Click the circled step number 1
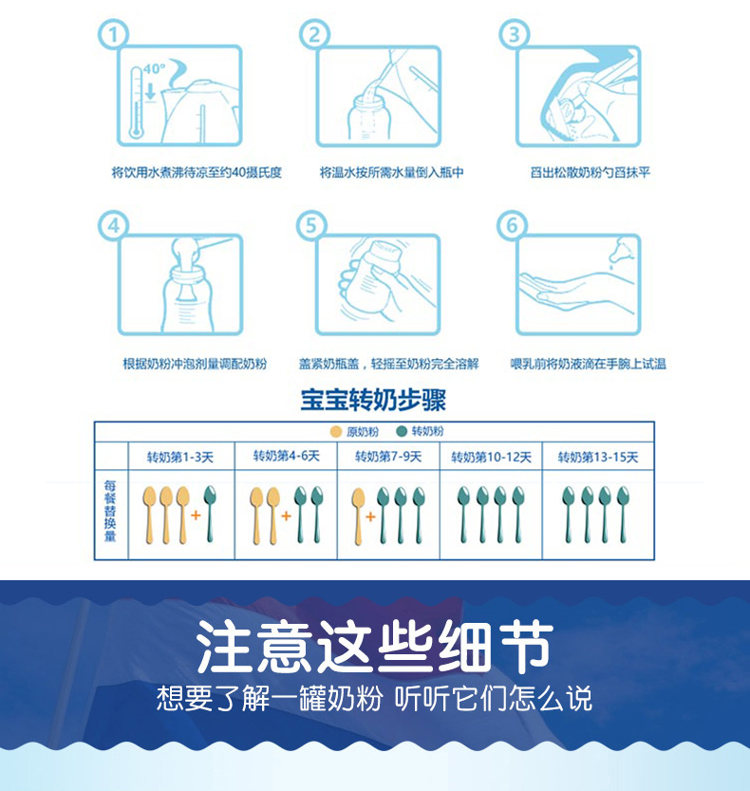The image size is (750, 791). [x=114, y=34]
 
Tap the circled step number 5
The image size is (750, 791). [x=311, y=225]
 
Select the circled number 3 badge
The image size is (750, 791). [x=514, y=34]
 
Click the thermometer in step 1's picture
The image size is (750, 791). [x=136, y=103]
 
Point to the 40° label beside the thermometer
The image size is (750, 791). [x=154, y=68]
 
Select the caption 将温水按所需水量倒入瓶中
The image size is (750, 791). [x=391, y=173]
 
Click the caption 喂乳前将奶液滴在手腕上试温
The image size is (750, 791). [x=588, y=364]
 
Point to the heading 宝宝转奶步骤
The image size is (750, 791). [x=373, y=400]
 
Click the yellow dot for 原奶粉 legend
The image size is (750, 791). [x=335, y=432]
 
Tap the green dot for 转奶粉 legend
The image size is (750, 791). [x=402, y=431]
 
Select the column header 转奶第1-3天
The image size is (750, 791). [x=180, y=457]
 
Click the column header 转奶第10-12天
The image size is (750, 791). [x=491, y=457]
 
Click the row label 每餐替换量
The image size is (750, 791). [x=110, y=511]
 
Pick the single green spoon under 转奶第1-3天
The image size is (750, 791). [x=209, y=514]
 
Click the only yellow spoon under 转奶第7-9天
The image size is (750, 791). [x=358, y=517]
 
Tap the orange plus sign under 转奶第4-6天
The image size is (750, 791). [x=286, y=516]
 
